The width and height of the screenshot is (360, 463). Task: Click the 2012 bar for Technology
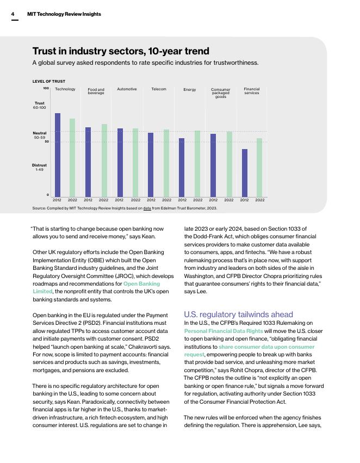point(58,155)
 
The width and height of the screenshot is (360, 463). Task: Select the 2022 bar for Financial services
point(259,167)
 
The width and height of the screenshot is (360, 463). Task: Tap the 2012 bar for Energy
point(182,167)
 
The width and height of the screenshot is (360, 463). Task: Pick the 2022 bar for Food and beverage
point(104,160)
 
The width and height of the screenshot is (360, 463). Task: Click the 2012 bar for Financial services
point(245,172)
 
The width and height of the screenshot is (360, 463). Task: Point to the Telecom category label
point(159,89)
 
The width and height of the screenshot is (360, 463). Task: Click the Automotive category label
point(127,89)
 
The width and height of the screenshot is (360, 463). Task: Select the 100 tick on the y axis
point(46,88)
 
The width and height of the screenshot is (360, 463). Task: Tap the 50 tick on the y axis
point(47,142)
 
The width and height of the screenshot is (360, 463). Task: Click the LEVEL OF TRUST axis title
point(49,81)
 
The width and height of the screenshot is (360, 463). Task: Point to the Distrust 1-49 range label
point(40,167)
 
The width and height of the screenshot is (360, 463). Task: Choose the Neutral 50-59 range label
point(40,135)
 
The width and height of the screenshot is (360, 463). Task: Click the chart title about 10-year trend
point(121,51)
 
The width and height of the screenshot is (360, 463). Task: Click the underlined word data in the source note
point(147,208)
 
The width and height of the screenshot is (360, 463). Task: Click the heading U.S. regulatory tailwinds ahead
point(239,314)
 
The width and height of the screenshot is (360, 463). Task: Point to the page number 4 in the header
point(14,14)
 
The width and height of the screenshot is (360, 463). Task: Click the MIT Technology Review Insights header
point(64,14)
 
